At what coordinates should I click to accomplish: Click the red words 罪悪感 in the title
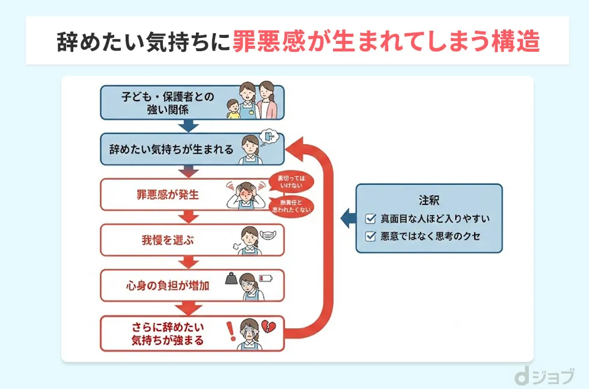[x=271, y=41]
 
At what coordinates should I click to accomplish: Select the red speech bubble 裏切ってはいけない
[x=291, y=181]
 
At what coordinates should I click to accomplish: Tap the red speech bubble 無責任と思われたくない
[x=291, y=207]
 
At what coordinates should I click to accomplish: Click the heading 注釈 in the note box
[x=429, y=200]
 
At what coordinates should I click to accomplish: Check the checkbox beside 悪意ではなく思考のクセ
[x=371, y=236]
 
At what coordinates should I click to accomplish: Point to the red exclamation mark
[x=229, y=329]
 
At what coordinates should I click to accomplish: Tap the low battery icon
[x=265, y=278]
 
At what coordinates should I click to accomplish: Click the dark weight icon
[x=231, y=278]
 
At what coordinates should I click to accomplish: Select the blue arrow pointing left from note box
[x=347, y=217]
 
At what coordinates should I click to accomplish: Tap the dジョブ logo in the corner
[x=545, y=376]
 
